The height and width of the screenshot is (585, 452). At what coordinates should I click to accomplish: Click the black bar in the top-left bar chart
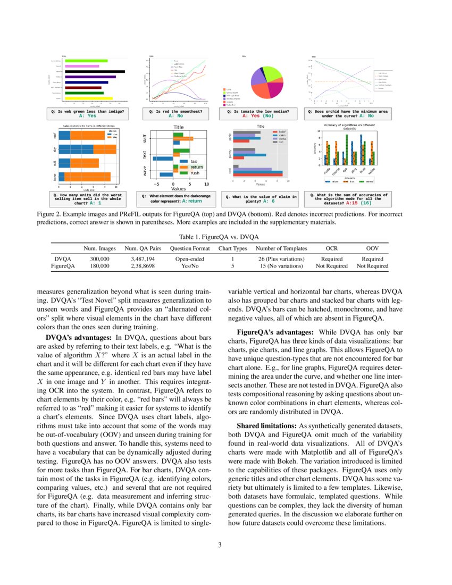94,71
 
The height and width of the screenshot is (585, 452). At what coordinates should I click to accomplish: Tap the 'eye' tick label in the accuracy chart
345,170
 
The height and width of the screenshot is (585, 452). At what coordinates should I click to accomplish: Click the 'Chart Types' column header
233,248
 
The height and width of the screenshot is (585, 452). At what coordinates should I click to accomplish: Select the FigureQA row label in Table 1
63,265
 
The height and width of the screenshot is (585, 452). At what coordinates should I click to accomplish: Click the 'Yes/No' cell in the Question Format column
183,265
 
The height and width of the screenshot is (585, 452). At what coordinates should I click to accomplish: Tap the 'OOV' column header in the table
372,248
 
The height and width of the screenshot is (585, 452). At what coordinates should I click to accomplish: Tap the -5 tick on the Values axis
156,184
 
